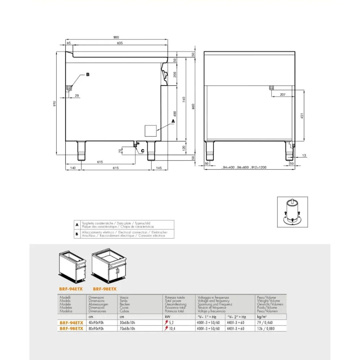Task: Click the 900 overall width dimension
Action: (116, 37)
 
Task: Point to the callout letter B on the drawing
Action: (87, 75)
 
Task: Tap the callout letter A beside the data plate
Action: (173, 122)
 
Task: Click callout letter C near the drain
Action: (143, 151)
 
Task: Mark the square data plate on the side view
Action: (151, 130)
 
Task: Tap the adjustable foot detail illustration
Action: (292, 212)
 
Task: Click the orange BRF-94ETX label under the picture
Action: (71, 288)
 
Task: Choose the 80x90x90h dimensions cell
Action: (96, 329)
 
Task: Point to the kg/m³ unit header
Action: (262, 317)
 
